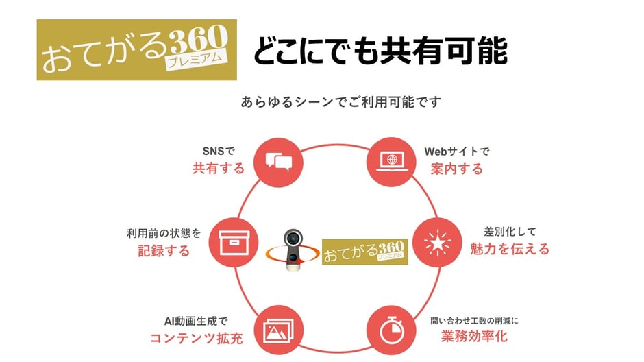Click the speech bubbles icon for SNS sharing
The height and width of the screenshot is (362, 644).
(278, 162)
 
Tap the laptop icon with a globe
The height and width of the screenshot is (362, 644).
(392, 162)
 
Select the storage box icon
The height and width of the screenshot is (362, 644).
(234, 243)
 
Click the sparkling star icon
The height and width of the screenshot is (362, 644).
(437, 243)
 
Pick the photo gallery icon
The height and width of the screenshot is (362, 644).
(278, 330)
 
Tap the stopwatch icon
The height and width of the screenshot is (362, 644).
(391, 330)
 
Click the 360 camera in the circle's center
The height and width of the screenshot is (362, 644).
(293, 250)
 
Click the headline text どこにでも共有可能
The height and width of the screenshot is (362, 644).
(380, 51)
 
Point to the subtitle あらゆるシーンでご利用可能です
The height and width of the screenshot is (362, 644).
(341, 101)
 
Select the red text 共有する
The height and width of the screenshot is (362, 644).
(219, 169)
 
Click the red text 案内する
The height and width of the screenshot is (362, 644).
(457, 169)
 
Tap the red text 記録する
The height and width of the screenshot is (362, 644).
(164, 251)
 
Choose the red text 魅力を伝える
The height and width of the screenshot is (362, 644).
(510, 249)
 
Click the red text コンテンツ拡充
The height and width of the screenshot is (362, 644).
(197, 338)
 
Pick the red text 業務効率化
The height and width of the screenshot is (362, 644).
(474, 337)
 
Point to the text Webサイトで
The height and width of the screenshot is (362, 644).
(457, 152)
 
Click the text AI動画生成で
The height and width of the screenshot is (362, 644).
(196, 321)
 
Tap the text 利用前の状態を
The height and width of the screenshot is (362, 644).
(164, 233)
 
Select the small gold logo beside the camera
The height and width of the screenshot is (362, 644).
(364, 252)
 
